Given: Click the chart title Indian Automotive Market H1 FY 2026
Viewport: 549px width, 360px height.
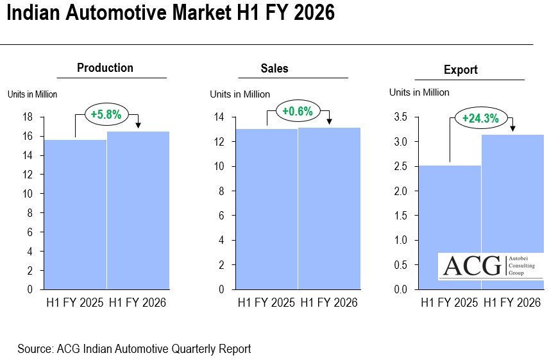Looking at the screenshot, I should point(171,13).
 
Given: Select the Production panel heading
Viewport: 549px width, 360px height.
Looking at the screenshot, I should point(105,68).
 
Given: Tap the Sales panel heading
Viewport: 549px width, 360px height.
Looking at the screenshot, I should point(274,69).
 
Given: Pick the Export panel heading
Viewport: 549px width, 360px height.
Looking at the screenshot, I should point(460,70).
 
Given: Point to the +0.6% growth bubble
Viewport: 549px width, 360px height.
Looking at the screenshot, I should point(298,112).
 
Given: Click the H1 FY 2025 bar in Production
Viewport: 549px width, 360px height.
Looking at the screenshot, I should point(74,215).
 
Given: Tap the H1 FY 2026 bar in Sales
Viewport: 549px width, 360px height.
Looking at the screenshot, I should point(329,209).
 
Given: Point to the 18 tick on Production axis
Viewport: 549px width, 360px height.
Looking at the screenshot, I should point(28,117).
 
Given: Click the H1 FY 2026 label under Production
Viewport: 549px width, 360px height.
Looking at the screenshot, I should point(137,302).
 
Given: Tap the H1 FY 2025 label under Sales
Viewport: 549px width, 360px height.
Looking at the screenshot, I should point(266,302).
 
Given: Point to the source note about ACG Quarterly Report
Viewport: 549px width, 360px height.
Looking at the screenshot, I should point(134,349).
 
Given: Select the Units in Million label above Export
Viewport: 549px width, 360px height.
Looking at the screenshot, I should point(419,92).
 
